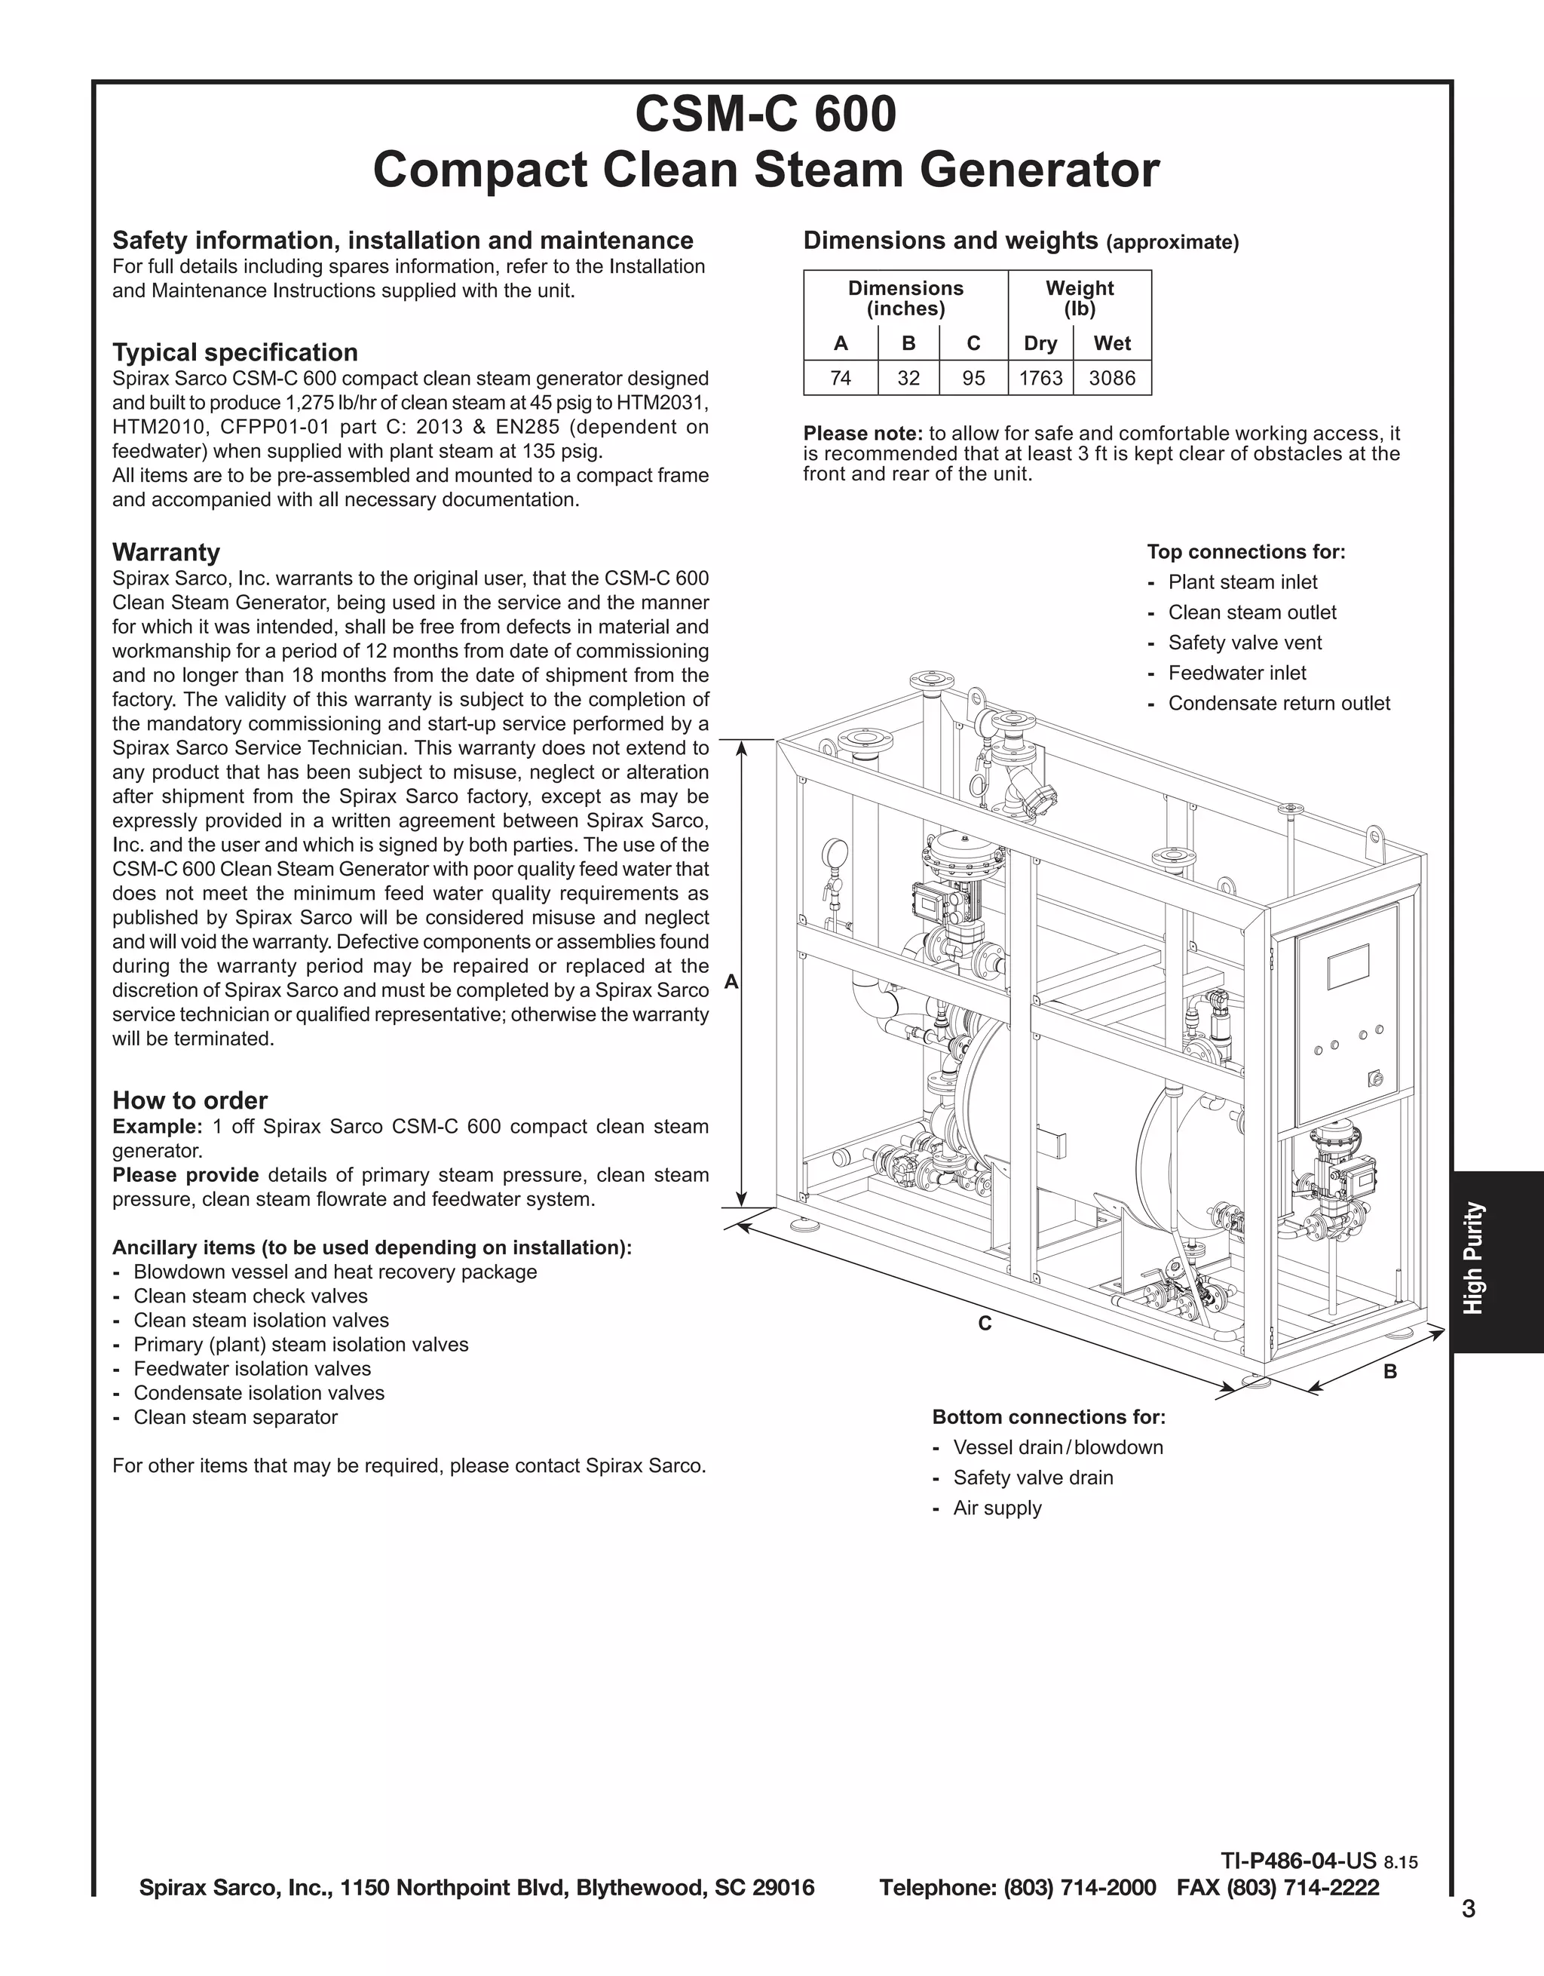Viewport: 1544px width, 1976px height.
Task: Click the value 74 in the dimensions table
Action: pos(841,378)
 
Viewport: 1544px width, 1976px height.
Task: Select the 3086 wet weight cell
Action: pos(1112,378)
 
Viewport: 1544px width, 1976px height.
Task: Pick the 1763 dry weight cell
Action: pos(1040,378)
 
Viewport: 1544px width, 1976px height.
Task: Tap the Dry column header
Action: pos(1040,344)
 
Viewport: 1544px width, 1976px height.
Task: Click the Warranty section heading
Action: pos(166,552)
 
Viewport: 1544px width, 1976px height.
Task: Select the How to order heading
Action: pos(190,1100)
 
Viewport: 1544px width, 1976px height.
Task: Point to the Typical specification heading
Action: pos(235,352)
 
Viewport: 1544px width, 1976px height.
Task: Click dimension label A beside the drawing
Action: pos(732,983)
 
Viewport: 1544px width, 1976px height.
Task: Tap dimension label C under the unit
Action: pos(985,1324)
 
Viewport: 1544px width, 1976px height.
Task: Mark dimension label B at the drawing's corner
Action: pos(1390,1372)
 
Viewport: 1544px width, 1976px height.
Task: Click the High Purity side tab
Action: pos(1475,1257)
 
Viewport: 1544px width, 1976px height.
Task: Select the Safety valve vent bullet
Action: pos(1245,643)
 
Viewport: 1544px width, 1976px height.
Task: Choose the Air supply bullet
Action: pos(997,1508)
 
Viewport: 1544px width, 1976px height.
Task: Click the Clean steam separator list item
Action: pos(235,1418)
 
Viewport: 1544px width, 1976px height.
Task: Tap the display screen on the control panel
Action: pos(1348,966)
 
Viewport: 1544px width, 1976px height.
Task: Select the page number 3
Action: pos(1468,1909)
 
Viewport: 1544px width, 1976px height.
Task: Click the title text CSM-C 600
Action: pos(765,114)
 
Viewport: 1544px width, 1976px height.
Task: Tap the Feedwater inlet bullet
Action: pos(1236,673)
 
